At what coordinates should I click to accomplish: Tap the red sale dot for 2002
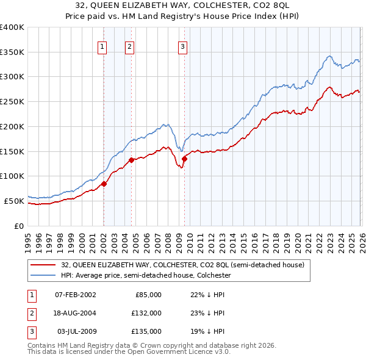pyautogui.click(x=104, y=184)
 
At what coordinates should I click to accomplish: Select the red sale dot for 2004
pyautogui.click(x=131, y=160)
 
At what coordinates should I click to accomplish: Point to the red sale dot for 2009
pyautogui.click(x=184, y=159)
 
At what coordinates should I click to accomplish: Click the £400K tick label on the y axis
pyautogui.click(x=12, y=27)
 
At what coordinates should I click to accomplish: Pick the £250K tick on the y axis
pyautogui.click(x=12, y=102)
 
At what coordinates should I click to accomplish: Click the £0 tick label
pyautogui.click(x=19, y=226)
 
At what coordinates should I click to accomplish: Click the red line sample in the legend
pyautogui.click(x=44, y=265)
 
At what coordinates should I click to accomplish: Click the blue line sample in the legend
pyautogui.click(x=44, y=275)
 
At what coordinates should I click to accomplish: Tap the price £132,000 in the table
pyautogui.click(x=147, y=313)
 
